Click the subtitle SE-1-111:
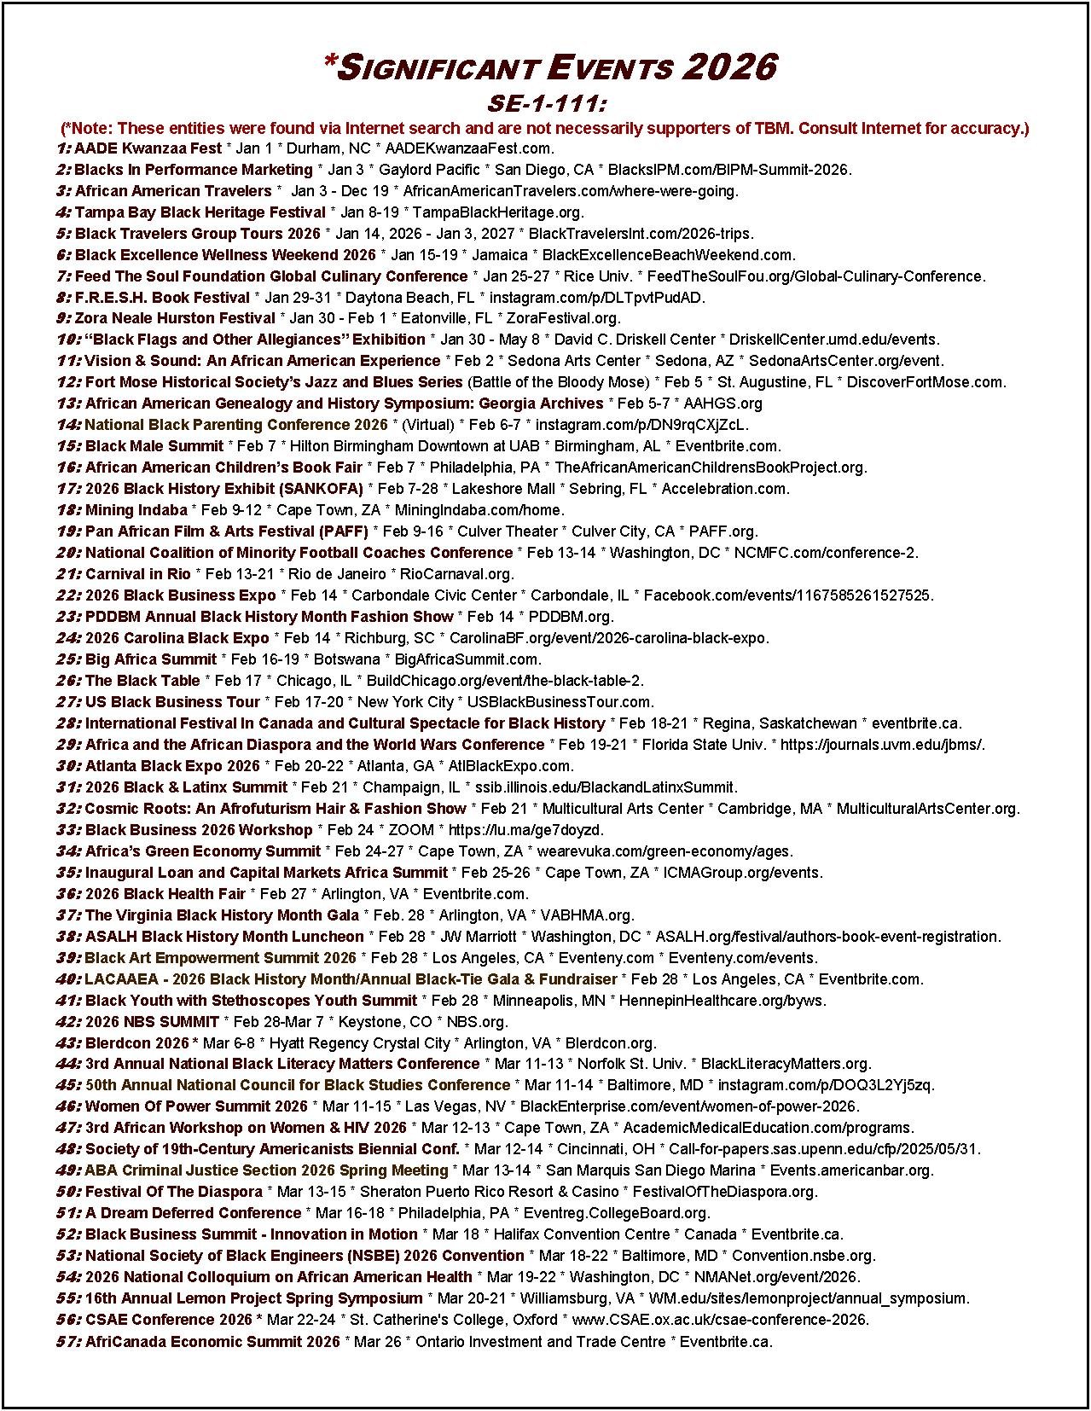click(x=546, y=103)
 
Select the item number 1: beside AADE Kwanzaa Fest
click(x=63, y=148)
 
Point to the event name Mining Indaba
click(x=136, y=510)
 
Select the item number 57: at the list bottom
click(x=68, y=1342)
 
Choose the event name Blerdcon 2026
click(x=136, y=1043)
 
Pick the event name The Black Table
click(x=142, y=681)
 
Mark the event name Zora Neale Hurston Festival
click(x=175, y=318)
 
